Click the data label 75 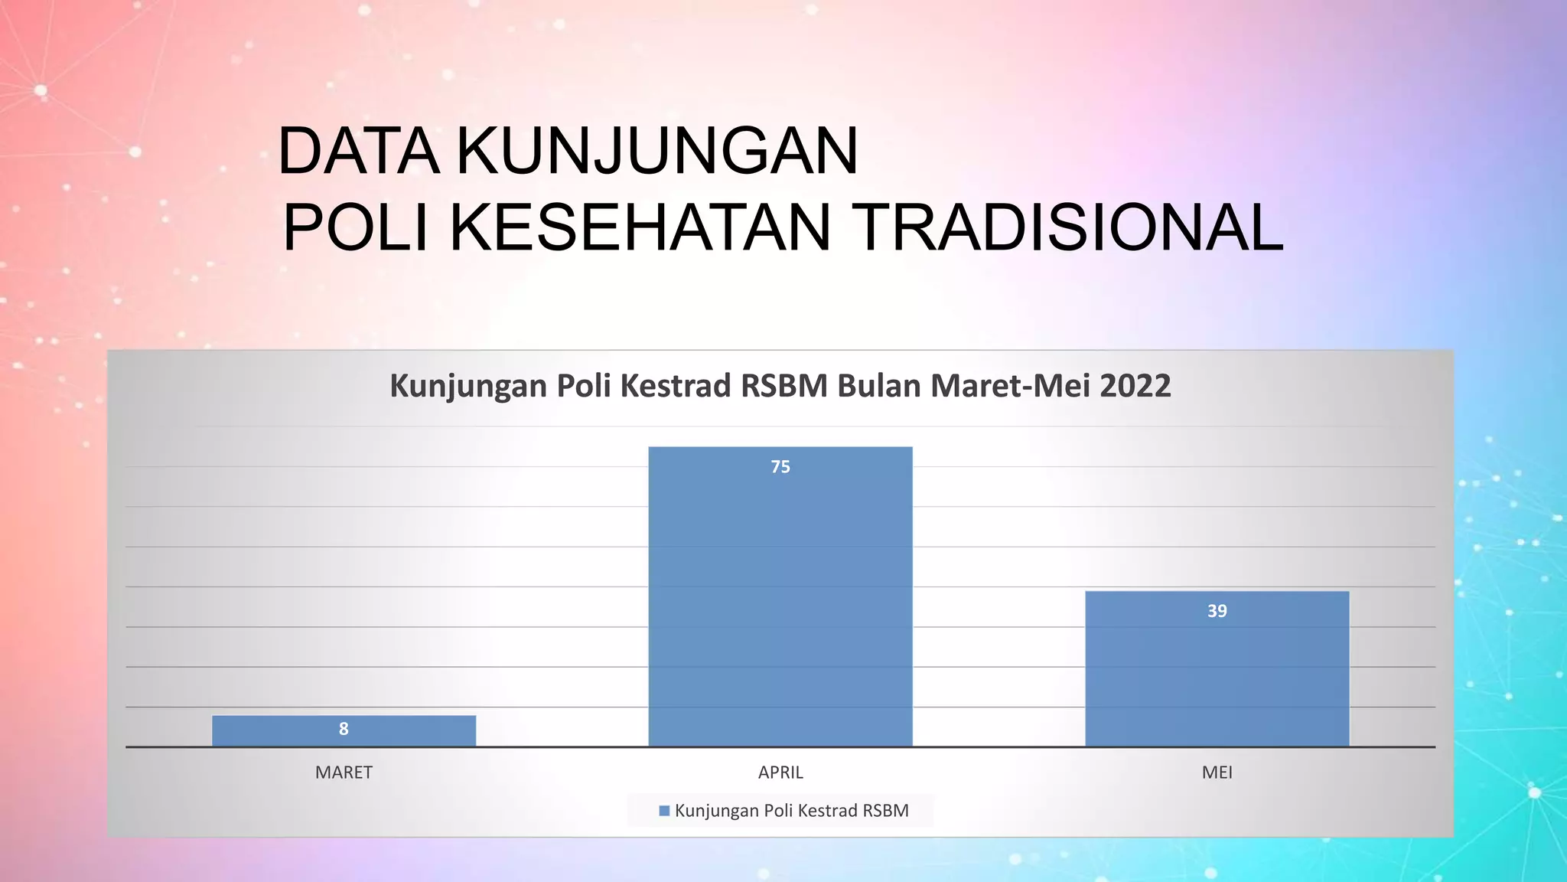780,467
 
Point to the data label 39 1217,611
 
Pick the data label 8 344,729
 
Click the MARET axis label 344,773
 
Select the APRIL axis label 780,773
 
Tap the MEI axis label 1217,773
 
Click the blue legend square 664,811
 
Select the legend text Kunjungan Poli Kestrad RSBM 791,811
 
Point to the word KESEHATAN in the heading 640,227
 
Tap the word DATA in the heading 359,151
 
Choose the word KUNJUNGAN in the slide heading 657,151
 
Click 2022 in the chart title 1135,386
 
